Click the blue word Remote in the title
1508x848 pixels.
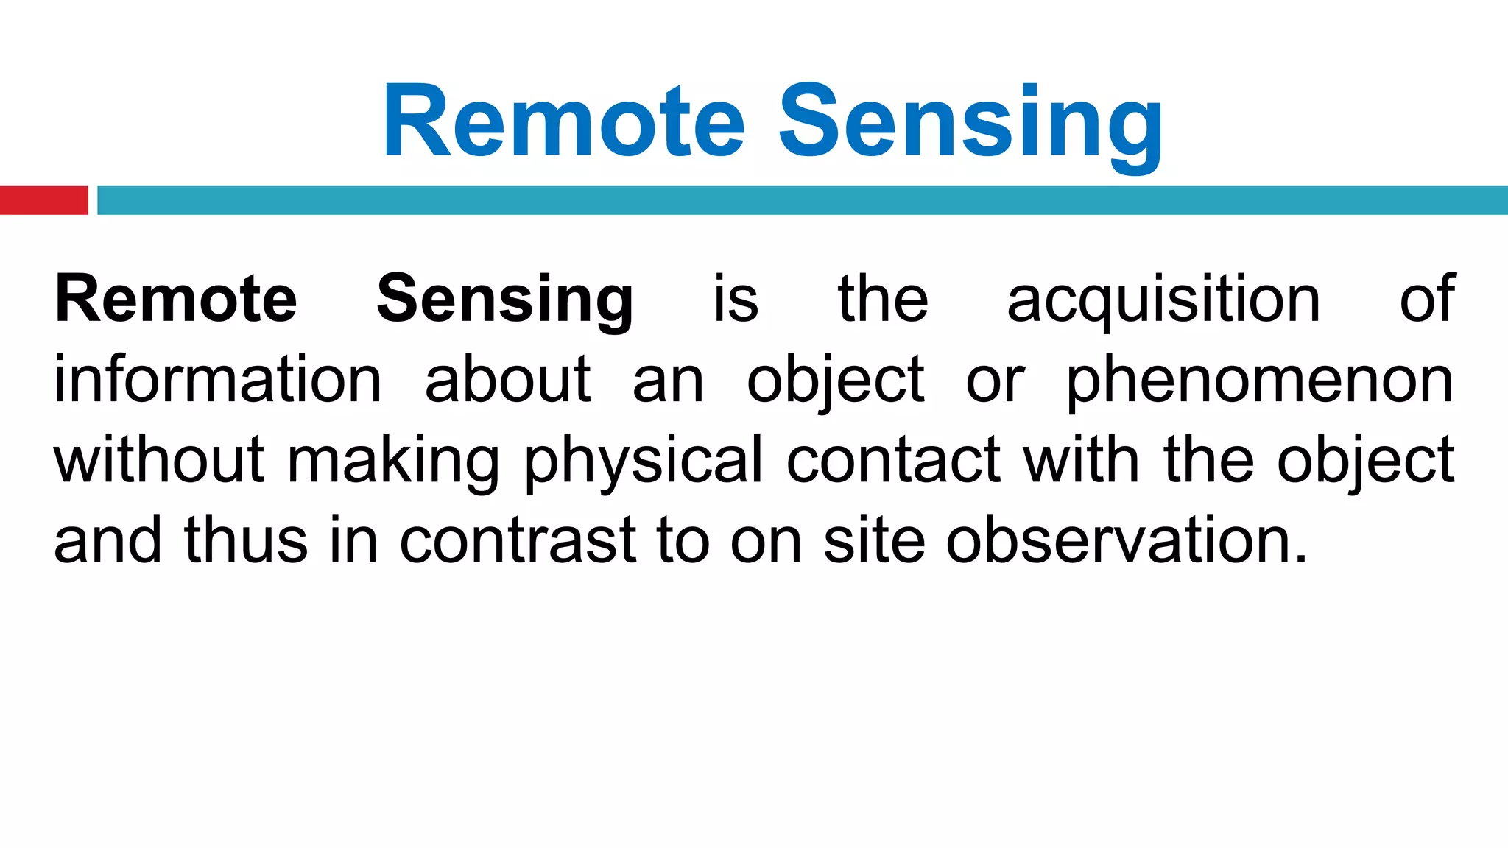click(x=564, y=121)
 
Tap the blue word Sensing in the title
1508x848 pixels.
click(x=970, y=125)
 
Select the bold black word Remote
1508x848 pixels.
click(x=176, y=299)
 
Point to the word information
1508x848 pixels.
click(x=218, y=380)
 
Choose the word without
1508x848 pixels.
click(x=159, y=460)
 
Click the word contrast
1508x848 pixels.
click(x=518, y=541)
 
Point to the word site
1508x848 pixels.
click(x=874, y=541)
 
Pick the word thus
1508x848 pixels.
click(x=246, y=541)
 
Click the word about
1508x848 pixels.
click(x=508, y=380)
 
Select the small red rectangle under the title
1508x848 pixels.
click(x=43, y=200)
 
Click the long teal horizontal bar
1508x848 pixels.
click(x=803, y=200)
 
